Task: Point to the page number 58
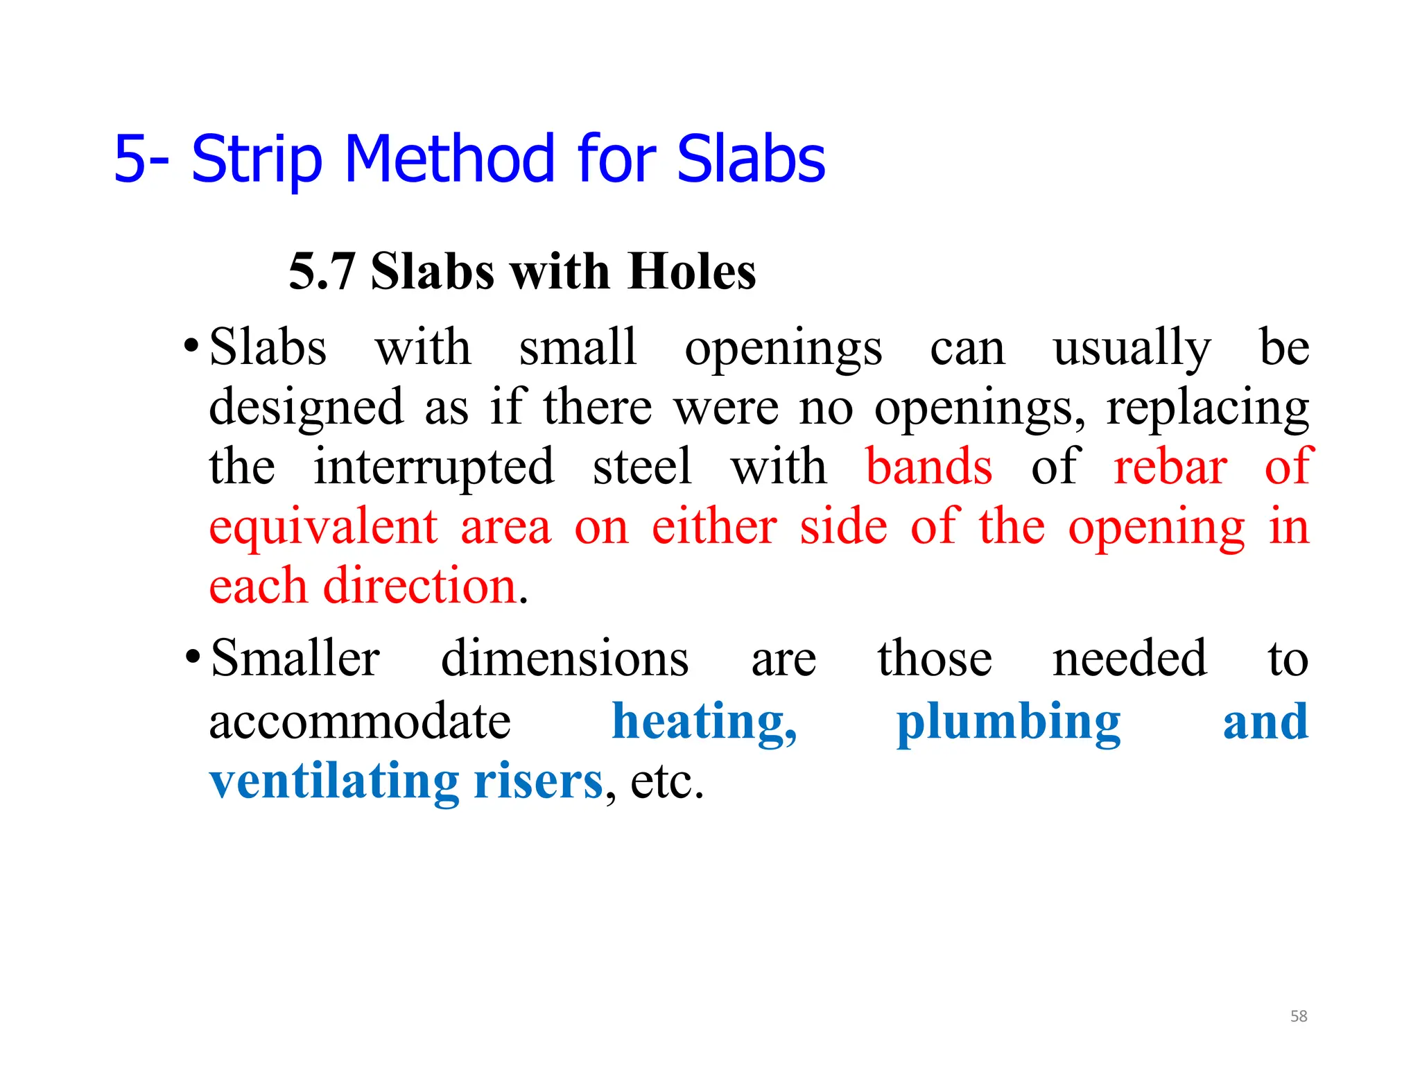[x=1299, y=1016]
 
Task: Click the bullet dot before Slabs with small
[x=191, y=345]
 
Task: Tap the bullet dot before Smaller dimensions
[x=193, y=656]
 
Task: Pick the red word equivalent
[x=323, y=527]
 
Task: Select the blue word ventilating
[x=334, y=781]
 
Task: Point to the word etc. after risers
[x=666, y=781]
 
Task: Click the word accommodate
[x=360, y=721]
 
